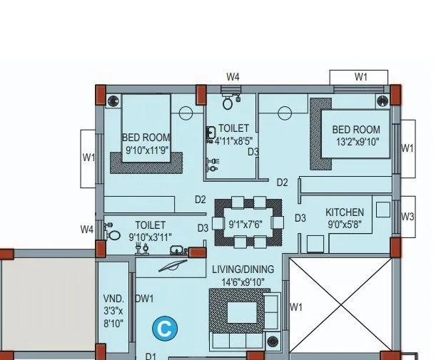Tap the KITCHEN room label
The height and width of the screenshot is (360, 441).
click(345, 212)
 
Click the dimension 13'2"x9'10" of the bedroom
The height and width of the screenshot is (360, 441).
click(355, 142)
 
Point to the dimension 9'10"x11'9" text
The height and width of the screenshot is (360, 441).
click(146, 150)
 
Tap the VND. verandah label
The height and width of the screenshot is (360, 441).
click(113, 299)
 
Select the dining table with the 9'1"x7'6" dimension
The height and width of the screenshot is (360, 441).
click(247, 223)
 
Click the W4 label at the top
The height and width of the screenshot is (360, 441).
click(233, 76)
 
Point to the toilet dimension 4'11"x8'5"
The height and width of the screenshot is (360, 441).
click(234, 140)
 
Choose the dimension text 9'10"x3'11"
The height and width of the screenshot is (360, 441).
click(151, 237)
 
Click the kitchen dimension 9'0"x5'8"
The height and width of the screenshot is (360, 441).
click(345, 225)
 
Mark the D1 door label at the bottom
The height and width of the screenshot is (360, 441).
click(151, 356)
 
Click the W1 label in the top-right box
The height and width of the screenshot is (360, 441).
click(360, 77)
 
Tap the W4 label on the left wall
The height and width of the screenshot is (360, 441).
click(86, 229)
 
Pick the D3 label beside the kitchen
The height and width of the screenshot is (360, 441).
click(300, 218)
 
